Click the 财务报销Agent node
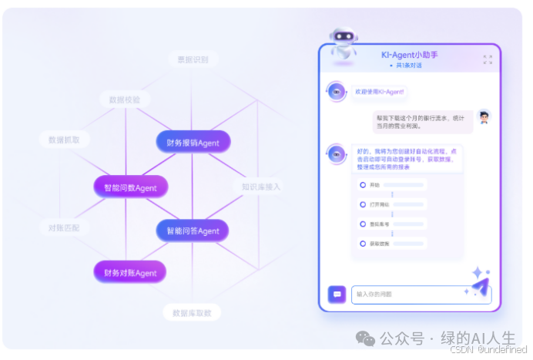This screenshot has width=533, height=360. (193, 143)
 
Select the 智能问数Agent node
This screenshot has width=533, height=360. (130, 187)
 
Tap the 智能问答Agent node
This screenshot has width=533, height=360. (193, 230)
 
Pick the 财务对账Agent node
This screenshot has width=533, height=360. (130, 273)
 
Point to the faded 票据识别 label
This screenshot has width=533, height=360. (193, 59)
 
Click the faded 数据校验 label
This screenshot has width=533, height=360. (125, 99)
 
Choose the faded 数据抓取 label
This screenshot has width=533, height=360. (64, 140)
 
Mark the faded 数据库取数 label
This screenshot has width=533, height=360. (193, 313)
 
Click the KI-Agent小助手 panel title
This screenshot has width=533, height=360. (409, 55)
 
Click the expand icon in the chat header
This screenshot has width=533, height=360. (488, 59)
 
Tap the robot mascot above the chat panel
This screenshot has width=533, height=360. (343, 45)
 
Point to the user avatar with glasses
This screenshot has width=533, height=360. (483, 117)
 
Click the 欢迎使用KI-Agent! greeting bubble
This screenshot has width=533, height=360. (379, 92)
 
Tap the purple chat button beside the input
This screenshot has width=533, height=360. (337, 294)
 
